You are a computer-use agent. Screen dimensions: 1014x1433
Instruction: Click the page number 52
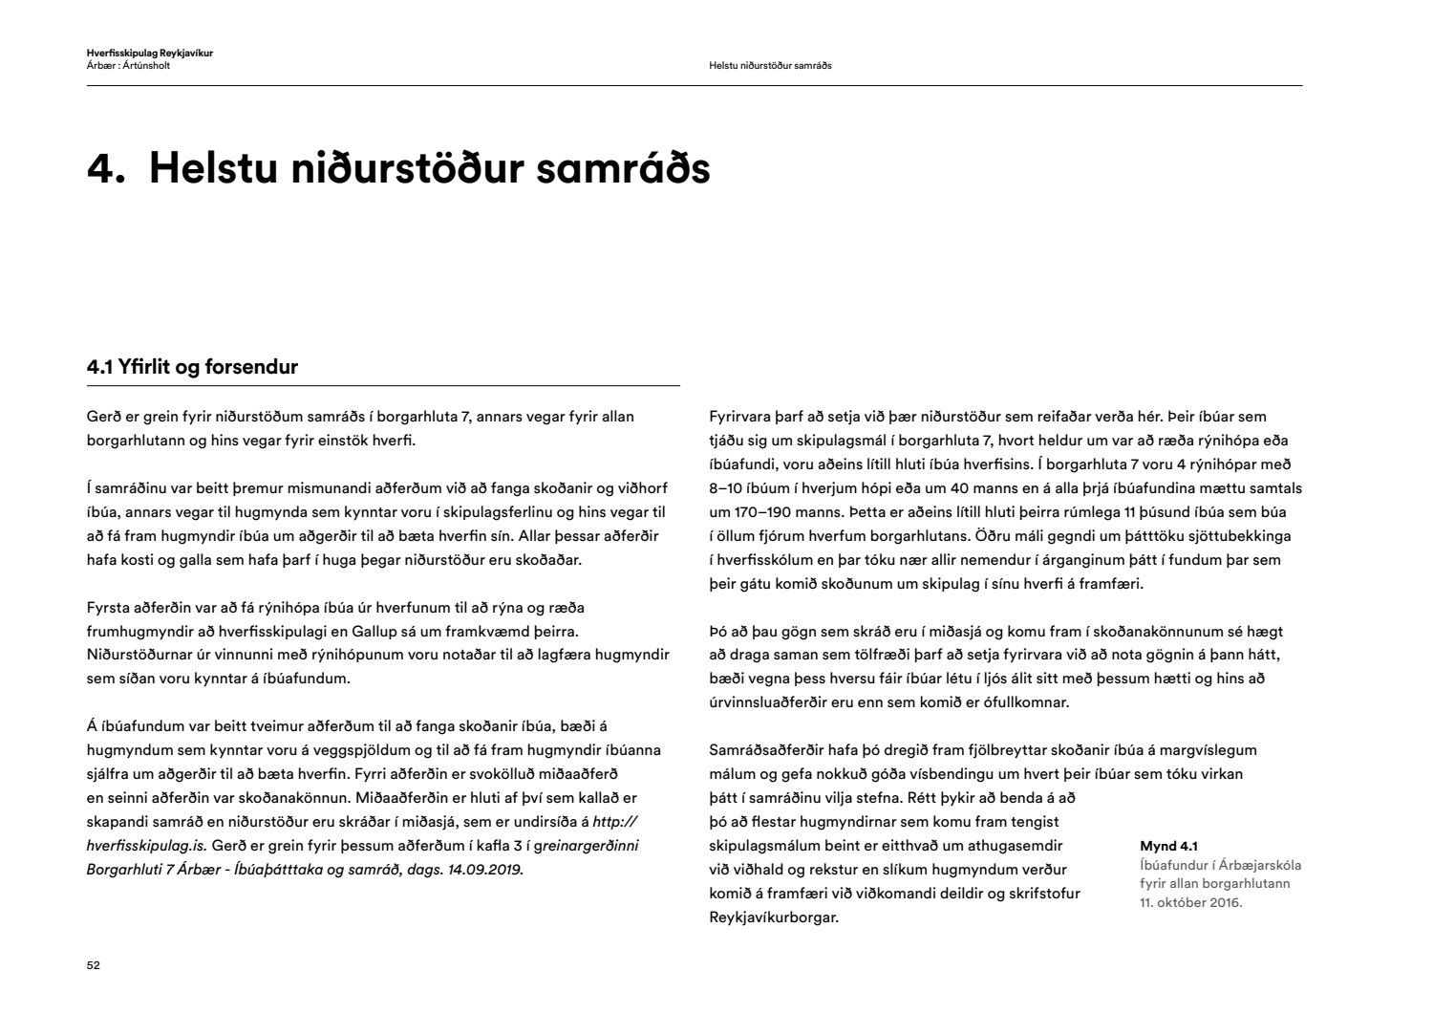coord(93,965)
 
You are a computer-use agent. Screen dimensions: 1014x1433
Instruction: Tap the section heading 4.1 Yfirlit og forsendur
coord(192,367)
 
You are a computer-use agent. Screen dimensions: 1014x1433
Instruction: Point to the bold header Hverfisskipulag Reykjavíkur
coord(149,54)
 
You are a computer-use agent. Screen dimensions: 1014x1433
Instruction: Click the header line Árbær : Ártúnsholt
coord(128,66)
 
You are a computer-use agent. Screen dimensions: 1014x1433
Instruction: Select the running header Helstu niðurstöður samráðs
coord(770,66)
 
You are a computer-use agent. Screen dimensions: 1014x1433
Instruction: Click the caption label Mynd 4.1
coord(1168,846)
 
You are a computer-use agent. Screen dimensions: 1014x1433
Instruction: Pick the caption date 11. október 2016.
coord(1190,902)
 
